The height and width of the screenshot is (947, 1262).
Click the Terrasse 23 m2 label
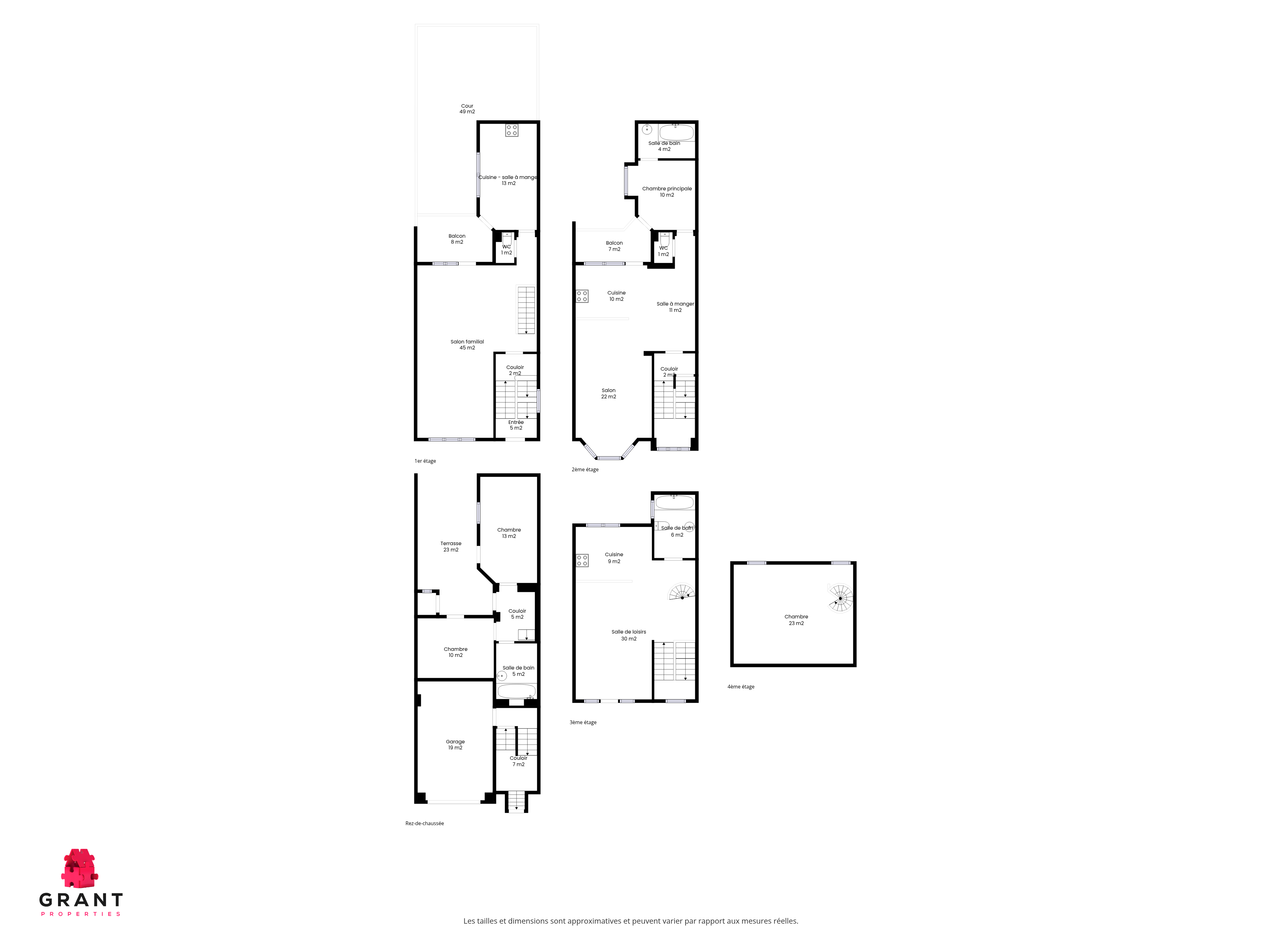coord(451,546)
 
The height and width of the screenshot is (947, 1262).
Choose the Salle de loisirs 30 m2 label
coord(629,635)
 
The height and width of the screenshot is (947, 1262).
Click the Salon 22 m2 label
coord(608,393)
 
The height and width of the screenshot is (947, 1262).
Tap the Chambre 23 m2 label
coord(796,619)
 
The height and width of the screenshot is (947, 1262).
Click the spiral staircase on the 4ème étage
coord(840,598)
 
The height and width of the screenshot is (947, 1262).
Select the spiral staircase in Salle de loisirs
coord(682,592)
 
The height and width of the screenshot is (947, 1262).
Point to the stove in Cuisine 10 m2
coord(582,296)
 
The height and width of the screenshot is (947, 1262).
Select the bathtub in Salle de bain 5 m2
coord(516,691)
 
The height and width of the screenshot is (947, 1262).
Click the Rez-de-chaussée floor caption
coord(424,823)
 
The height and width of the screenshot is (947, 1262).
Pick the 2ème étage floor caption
coord(585,469)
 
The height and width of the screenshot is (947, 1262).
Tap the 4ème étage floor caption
coord(740,686)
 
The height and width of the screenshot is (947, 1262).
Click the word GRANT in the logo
coord(81,900)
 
